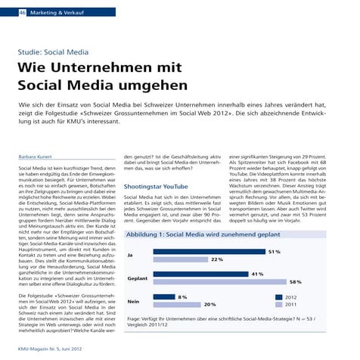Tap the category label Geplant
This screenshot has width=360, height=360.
click(138, 278)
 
